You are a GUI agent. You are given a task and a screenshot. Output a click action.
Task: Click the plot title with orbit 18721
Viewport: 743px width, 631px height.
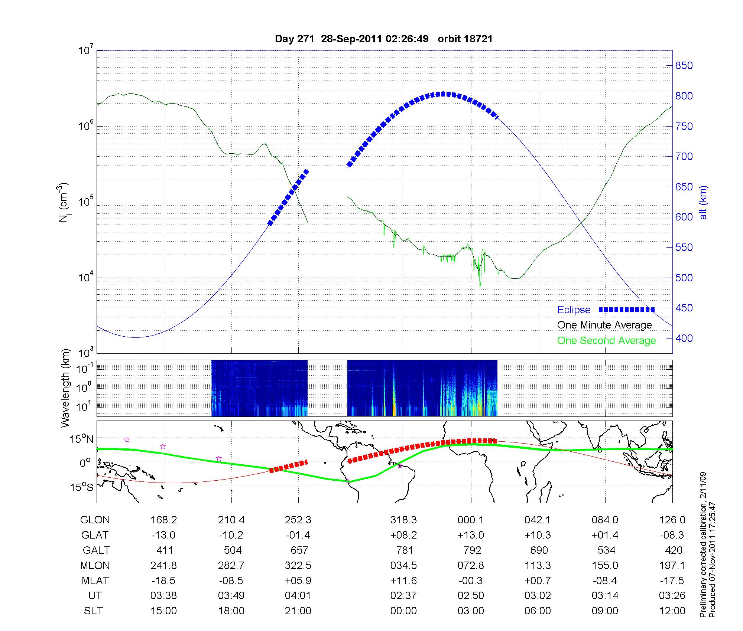[x=384, y=39]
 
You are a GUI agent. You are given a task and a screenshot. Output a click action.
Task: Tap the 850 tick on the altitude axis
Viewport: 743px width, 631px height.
[x=684, y=66]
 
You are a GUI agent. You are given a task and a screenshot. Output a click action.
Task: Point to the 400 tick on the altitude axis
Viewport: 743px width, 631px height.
[x=684, y=338]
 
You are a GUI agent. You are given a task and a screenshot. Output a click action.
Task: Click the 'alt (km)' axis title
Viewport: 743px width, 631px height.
[x=703, y=202]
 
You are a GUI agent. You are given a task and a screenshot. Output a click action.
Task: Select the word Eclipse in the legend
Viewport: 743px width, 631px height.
[x=574, y=310]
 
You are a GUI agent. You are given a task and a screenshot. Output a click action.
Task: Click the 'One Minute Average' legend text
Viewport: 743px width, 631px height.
[x=604, y=325]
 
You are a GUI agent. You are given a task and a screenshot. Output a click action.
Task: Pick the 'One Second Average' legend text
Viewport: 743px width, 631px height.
[x=606, y=341]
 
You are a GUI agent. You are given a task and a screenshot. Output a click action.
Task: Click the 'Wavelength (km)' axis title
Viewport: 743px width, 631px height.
[x=66, y=388]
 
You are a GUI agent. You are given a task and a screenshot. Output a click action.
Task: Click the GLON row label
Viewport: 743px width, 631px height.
[x=95, y=520]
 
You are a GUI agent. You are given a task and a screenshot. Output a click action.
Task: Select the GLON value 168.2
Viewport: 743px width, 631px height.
[x=163, y=520]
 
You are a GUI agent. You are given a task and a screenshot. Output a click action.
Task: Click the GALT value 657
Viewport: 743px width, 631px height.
[x=299, y=550]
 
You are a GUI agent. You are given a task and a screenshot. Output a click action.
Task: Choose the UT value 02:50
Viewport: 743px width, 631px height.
[x=471, y=595]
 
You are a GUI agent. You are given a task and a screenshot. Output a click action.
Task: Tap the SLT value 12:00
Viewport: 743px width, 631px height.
[x=672, y=611]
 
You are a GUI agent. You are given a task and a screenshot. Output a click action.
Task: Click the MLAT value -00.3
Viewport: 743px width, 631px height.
[x=471, y=581]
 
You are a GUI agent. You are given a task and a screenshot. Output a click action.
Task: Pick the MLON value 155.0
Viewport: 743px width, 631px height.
[x=605, y=565]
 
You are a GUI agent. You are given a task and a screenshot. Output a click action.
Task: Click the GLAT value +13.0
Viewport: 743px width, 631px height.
[x=471, y=535]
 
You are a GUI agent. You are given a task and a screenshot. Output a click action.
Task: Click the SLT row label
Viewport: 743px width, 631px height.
[x=93, y=611]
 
